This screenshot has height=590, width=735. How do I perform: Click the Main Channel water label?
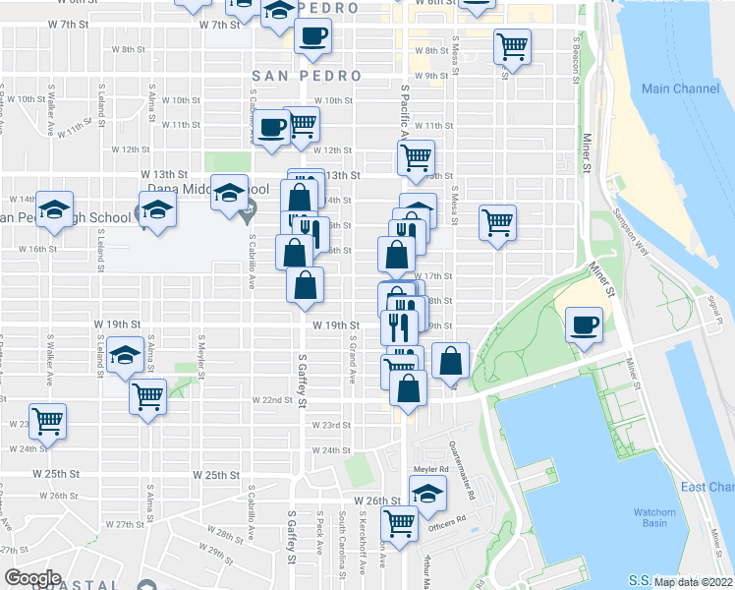[x=680, y=88]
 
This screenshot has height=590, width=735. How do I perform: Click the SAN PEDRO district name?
[x=299, y=75]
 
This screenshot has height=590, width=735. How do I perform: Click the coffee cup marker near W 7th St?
[x=312, y=37]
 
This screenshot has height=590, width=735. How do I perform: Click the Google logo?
[x=33, y=578]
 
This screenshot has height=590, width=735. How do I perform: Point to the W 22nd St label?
[x=270, y=400]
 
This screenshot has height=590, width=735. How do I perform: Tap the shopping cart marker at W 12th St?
[x=417, y=157]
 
